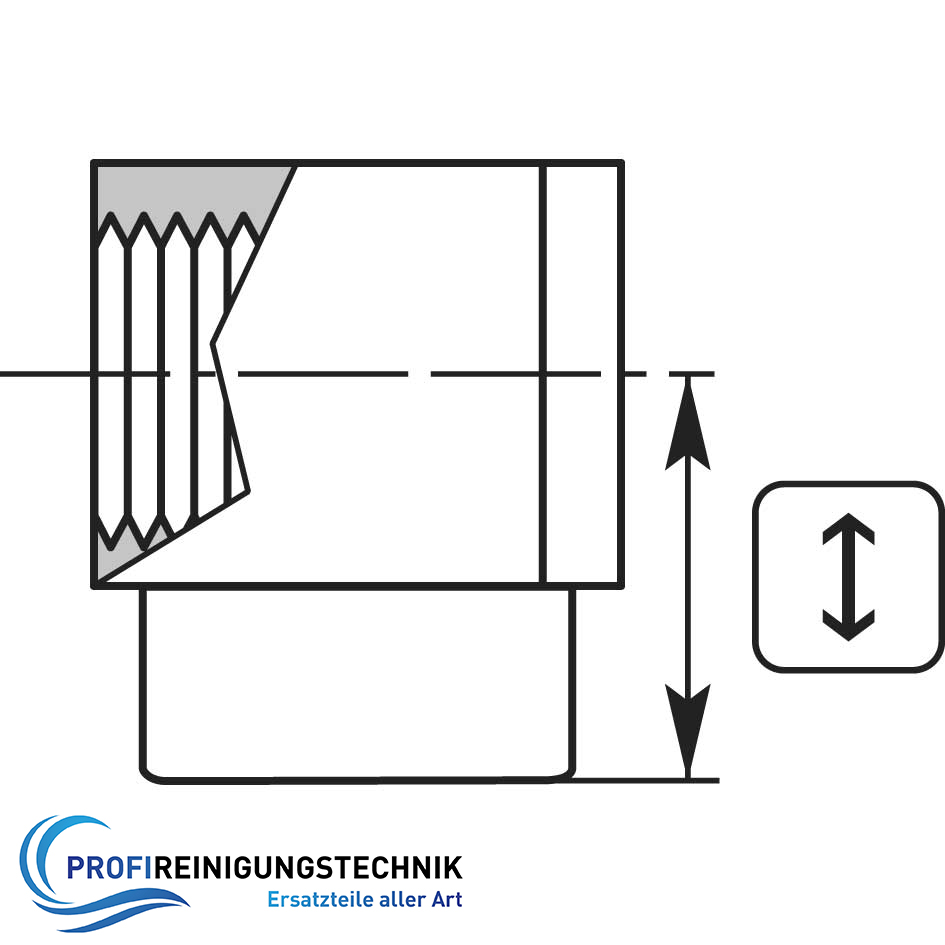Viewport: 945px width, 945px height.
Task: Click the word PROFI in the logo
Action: [110, 868]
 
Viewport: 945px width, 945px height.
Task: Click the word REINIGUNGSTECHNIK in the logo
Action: [308, 868]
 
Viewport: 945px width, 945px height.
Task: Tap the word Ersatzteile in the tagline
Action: [320, 899]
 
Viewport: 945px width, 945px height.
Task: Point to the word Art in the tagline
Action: [447, 899]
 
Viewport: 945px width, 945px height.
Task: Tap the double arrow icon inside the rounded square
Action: [848, 577]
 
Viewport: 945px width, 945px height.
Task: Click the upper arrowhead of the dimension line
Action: [688, 424]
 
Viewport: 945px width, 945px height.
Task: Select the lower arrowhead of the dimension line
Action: [688, 730]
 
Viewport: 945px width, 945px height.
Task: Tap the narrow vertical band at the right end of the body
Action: [582, 374]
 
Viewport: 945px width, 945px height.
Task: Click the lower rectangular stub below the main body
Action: [357, 685]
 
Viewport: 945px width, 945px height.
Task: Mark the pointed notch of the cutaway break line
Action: [212, 344]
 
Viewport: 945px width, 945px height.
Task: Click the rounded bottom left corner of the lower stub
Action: [148, 774]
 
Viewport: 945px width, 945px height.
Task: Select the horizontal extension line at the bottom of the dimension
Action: [645, 780]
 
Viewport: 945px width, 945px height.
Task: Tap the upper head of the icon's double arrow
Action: [848, 529]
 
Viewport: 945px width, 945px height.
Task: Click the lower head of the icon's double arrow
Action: [848, 625]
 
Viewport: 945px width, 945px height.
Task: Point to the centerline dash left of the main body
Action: [45, 374]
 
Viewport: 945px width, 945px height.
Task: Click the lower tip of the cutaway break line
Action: [248, 492]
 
